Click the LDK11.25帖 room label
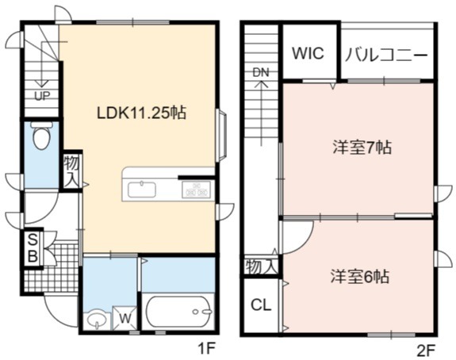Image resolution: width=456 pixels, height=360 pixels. [x=141, y=113]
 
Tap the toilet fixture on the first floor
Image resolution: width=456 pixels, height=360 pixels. [x=41, y=136]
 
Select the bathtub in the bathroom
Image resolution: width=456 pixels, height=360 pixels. [x=178, y=312]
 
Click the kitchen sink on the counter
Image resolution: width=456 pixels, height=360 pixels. [x=142, y=190]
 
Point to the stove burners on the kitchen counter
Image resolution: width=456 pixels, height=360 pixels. [x=196, y=190]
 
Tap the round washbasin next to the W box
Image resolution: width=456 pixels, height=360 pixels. [x=97, y=320]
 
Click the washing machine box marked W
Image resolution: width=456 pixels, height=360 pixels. [x=125, y=319]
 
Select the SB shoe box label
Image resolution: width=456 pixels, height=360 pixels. [x=33, y=248]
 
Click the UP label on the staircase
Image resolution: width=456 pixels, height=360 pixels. [x=42, y=96]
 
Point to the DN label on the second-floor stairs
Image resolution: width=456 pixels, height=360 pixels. [x=261, y=72]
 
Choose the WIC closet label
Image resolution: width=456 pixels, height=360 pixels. [x=308, y=53]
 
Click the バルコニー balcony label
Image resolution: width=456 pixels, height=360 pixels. [x=386, y=56]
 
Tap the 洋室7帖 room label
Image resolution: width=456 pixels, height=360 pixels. [x=362, y=147]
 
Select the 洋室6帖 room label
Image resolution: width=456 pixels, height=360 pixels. [x=360, y=277]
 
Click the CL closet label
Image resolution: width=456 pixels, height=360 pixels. [x=261, y=305]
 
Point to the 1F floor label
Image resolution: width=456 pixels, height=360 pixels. [x=206, y=348]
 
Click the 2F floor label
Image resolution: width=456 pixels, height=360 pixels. [x=426, y=350]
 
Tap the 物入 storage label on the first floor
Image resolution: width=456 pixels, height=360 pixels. [x=71, y=171]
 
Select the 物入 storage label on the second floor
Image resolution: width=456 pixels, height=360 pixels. [x=260, y=266]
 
